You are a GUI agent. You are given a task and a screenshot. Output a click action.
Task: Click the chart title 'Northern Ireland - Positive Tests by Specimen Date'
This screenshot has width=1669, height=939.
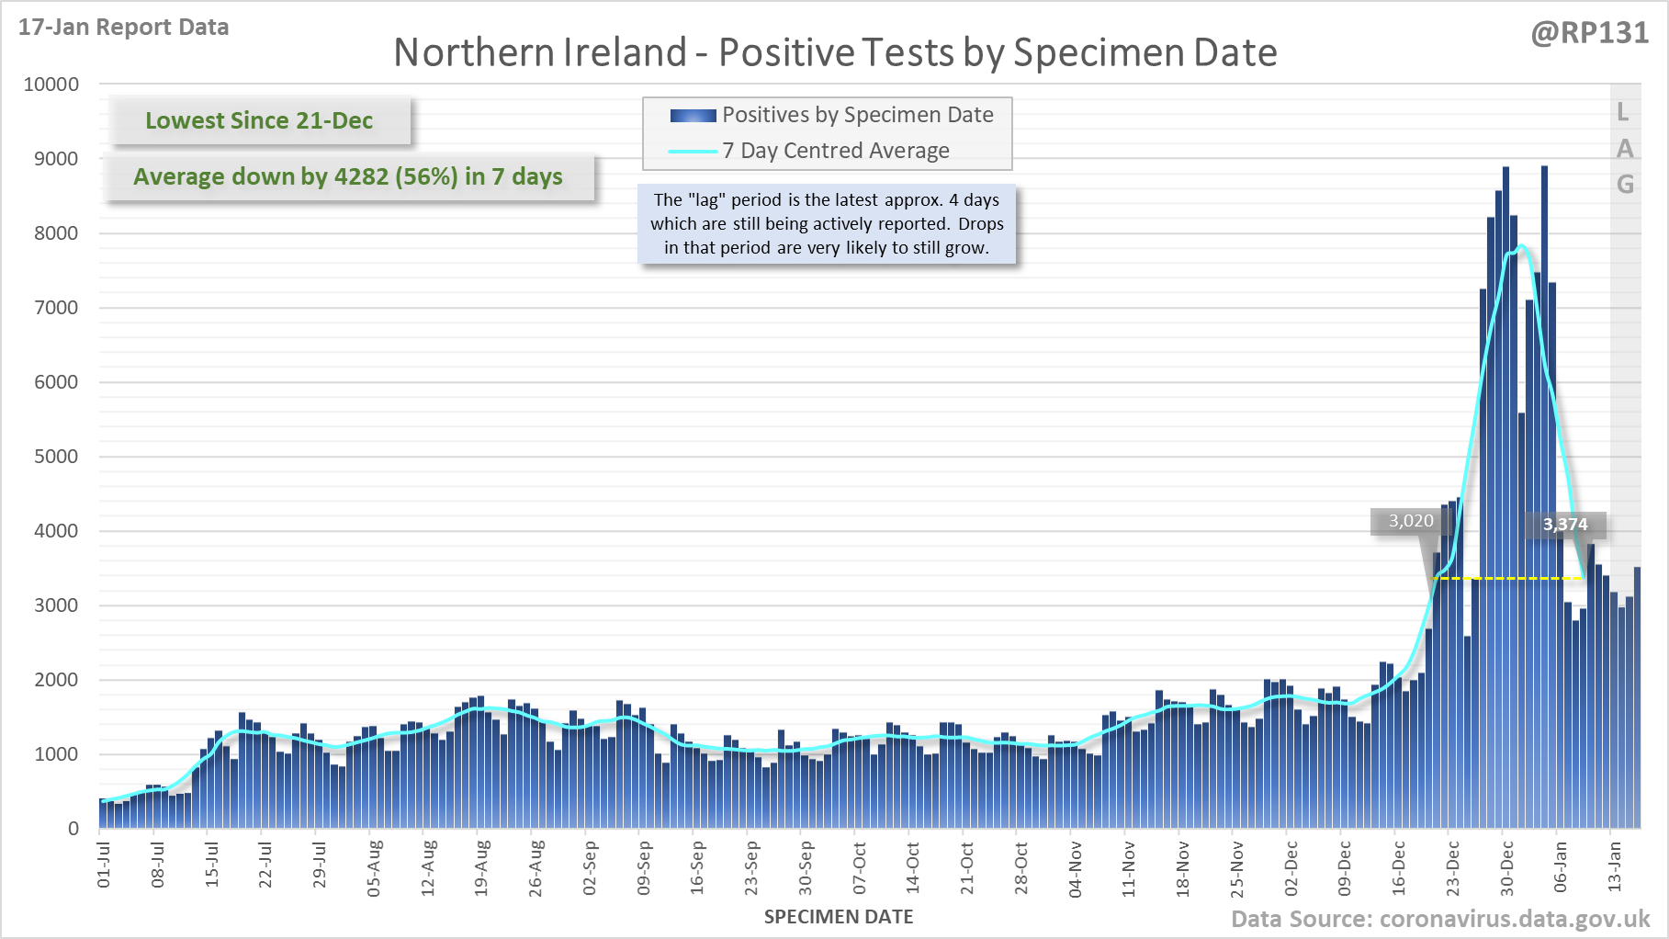pyautogui.click(x=835, y=52)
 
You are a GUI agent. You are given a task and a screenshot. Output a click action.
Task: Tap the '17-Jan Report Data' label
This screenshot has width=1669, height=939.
pyautogui.click(x=123, y=27)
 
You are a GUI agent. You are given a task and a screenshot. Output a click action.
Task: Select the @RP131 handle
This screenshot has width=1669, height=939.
pyautogui.click(x=1589, y=33)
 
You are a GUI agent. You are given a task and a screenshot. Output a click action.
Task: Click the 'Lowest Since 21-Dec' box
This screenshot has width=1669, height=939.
pyautogui.click(x=259, y=120)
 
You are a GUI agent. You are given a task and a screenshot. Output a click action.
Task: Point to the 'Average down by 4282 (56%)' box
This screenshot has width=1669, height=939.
pyautogui.click(x=348, y=176)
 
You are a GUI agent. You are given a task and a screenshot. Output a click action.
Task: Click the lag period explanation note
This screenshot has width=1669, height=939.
pyautogui.click(x=827, y=223)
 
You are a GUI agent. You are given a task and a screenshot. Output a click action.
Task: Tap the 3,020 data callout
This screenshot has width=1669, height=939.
pyautogui.click(x=1410, y=521)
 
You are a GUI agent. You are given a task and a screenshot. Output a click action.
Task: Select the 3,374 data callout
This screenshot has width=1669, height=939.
pyautogui.click(x=1565, y=525)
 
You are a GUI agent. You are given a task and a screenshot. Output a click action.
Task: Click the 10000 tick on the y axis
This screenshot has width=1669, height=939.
pyautogui.click(x=51, y=85)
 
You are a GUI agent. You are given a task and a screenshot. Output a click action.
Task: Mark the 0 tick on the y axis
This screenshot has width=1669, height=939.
pyautogui.click(x=73, y=829)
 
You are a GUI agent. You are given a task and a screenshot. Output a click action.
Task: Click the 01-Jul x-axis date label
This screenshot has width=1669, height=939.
pyautogui.click(x=104, y=865)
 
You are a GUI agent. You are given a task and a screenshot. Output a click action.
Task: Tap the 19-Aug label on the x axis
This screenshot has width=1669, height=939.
pyautogui.click(x=481, y=866)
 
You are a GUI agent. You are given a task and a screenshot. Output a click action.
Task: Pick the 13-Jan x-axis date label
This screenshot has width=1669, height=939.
pyautogui.click(x=1614, y=866)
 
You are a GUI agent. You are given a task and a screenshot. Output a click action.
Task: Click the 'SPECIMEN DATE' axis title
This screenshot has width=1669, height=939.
pyautogui.click(x=838, y=917)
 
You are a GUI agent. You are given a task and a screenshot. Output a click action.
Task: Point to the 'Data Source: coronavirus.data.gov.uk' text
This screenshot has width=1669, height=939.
pyautogui.click(x=1439, y=919)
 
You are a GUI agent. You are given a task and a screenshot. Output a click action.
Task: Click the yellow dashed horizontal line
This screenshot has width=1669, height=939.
pyautogui.click(x=1506, y=578)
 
